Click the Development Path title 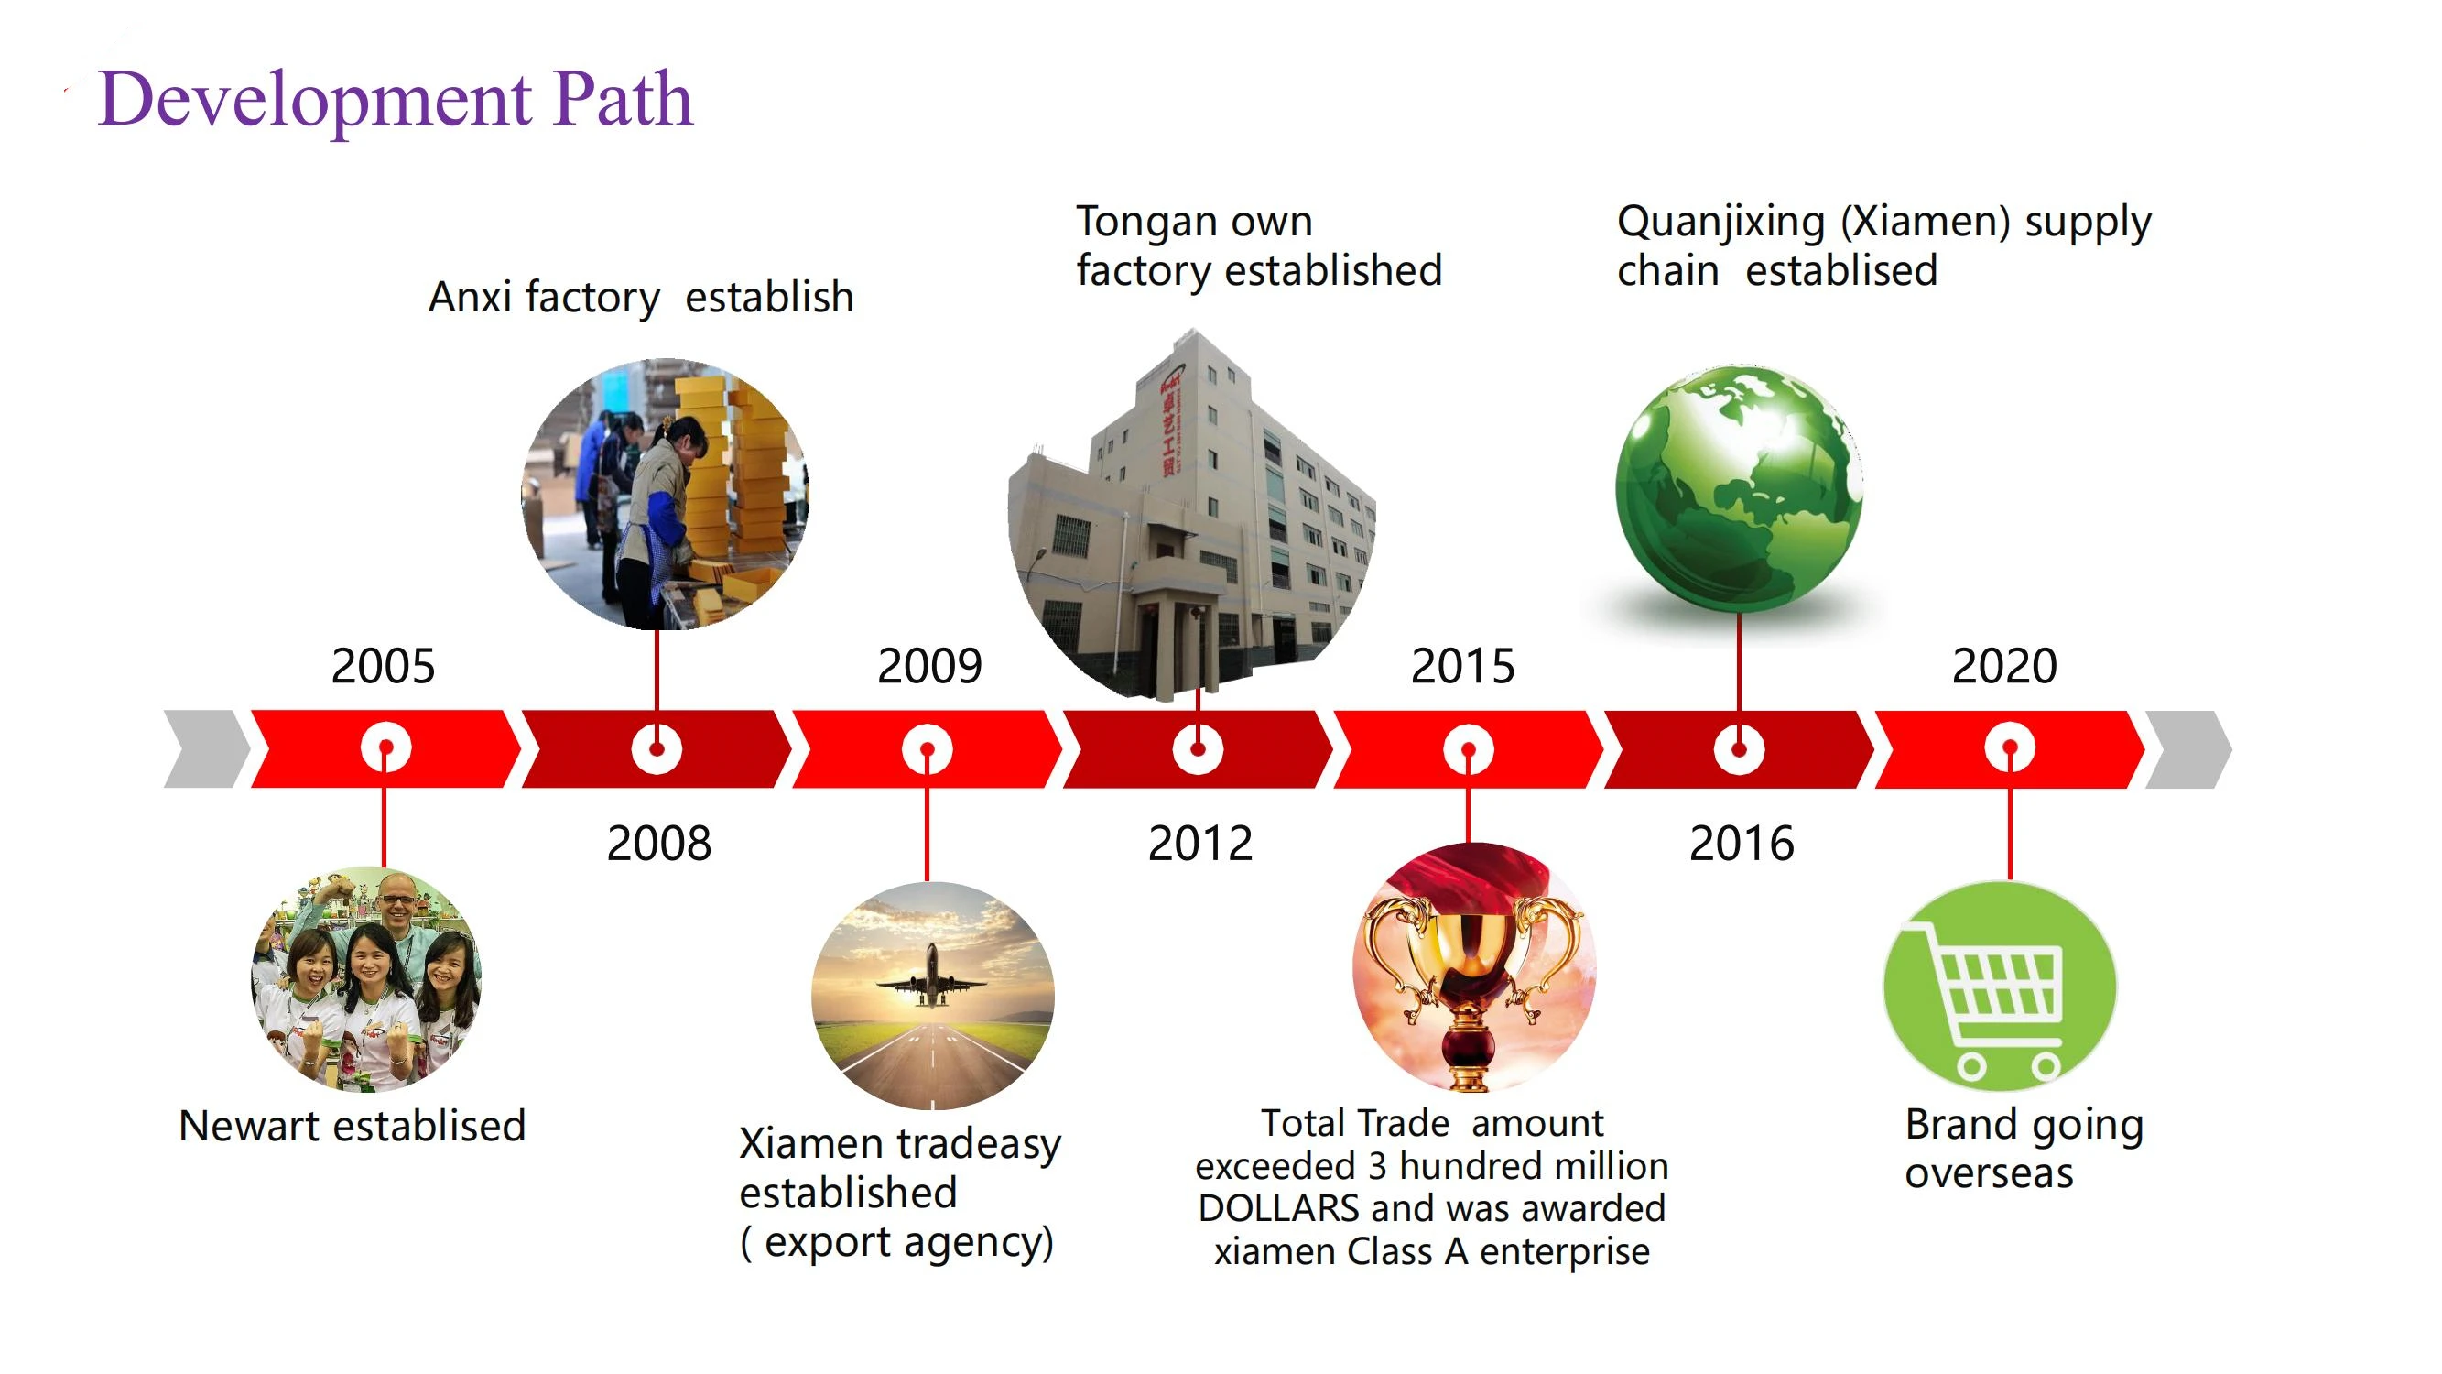[396, 99]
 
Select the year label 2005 [383, 666]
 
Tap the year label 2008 [659, 843]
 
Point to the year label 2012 [1200, 843]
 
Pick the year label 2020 [2004, 666]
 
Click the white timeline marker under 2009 [928, 749]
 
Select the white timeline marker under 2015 [1468, 749]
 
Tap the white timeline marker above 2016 [1739, 749]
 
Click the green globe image [1739, 488]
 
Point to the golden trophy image [1473, 967]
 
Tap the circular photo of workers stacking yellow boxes [666, 493]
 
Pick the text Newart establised [352, 1126]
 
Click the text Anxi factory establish [641, 297]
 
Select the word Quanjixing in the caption [1720, 222]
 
